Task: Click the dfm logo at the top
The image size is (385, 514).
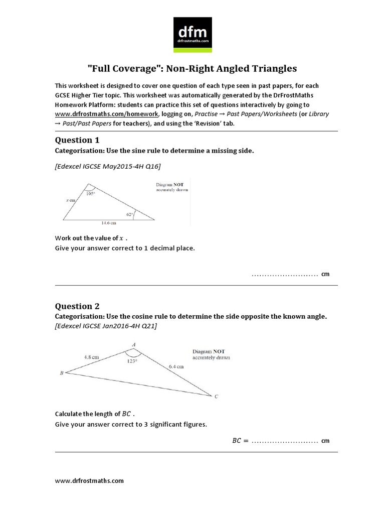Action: [x=192, y=35]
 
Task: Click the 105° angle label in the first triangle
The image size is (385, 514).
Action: [x=90, y=193]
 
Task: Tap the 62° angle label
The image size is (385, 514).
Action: [x=130, y=214]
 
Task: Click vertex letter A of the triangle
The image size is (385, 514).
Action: [x=133, y=344]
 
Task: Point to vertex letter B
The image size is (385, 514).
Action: [x=61, y=373]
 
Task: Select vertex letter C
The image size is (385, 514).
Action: [x=216, y=397]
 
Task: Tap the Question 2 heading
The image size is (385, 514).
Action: [x=77, y=306]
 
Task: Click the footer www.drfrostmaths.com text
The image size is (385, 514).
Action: [x=89, y=480]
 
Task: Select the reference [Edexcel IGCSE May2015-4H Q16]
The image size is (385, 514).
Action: [x=108, y=165]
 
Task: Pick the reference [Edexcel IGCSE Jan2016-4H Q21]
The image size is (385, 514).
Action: [x=106, y=326]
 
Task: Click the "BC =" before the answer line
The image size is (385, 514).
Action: [x=240, y=441]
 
